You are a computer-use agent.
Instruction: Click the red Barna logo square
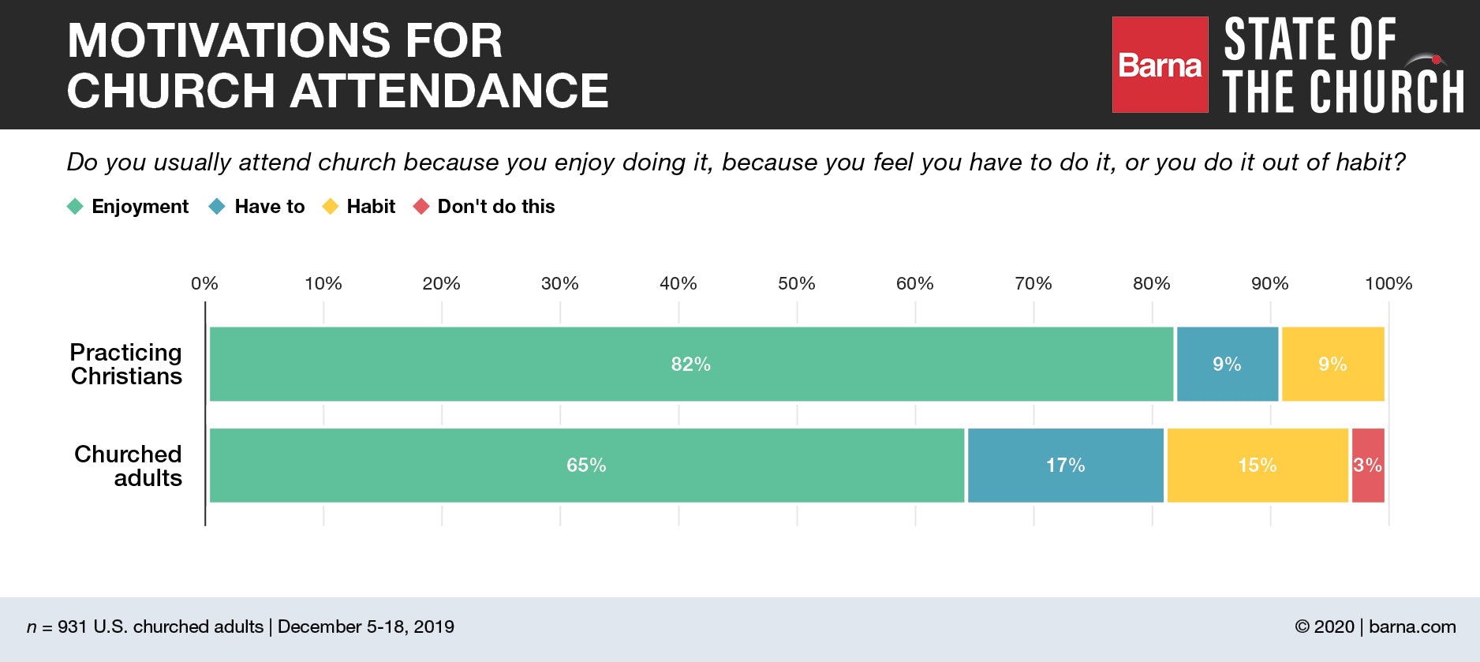pyautogui.click(x=1160, y=65)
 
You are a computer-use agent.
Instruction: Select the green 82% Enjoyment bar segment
pyautogui.click(x=691, y=364)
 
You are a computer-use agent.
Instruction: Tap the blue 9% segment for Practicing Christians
pyautogui.click(x=1227, y=364)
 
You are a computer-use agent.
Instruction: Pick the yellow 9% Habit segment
pyautogui.click(x=1332, y=364)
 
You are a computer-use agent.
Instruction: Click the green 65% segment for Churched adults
pyautogui.click(x=586, y=466)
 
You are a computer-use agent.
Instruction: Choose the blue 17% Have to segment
pyautogui.click(x=1065, y=466)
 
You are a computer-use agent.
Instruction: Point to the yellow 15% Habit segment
pyautogui.click(x=1257, y=466)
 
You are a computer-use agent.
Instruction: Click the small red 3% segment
pyautogui.click(x=1367, y=466)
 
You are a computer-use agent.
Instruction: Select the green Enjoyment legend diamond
pyautogui.click(x=75, y=207)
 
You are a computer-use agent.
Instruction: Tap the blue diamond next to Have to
pyautogui.click(x=217, y=207)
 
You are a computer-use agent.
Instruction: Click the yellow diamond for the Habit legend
pyautogui.click(x=331, y=207)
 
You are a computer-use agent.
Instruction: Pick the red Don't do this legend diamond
pyautogui.click(x=421, y=207)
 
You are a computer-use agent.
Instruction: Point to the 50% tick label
pyautogui.click(x=796, y=283)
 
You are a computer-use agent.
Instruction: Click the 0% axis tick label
pyautogui.click(x=204, y=283)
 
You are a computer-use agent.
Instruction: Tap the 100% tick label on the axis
pyautogui.click(x=1388, y=283)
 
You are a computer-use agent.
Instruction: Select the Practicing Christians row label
pyautogui.click(x=126, y=364)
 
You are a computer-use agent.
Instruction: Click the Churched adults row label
pyautogui.click(x=128, y=466)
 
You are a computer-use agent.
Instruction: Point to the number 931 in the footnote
pyautogui.click(x=72, y=626)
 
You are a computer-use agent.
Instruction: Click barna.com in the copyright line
pyautogui.click(x=1412, y=626)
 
